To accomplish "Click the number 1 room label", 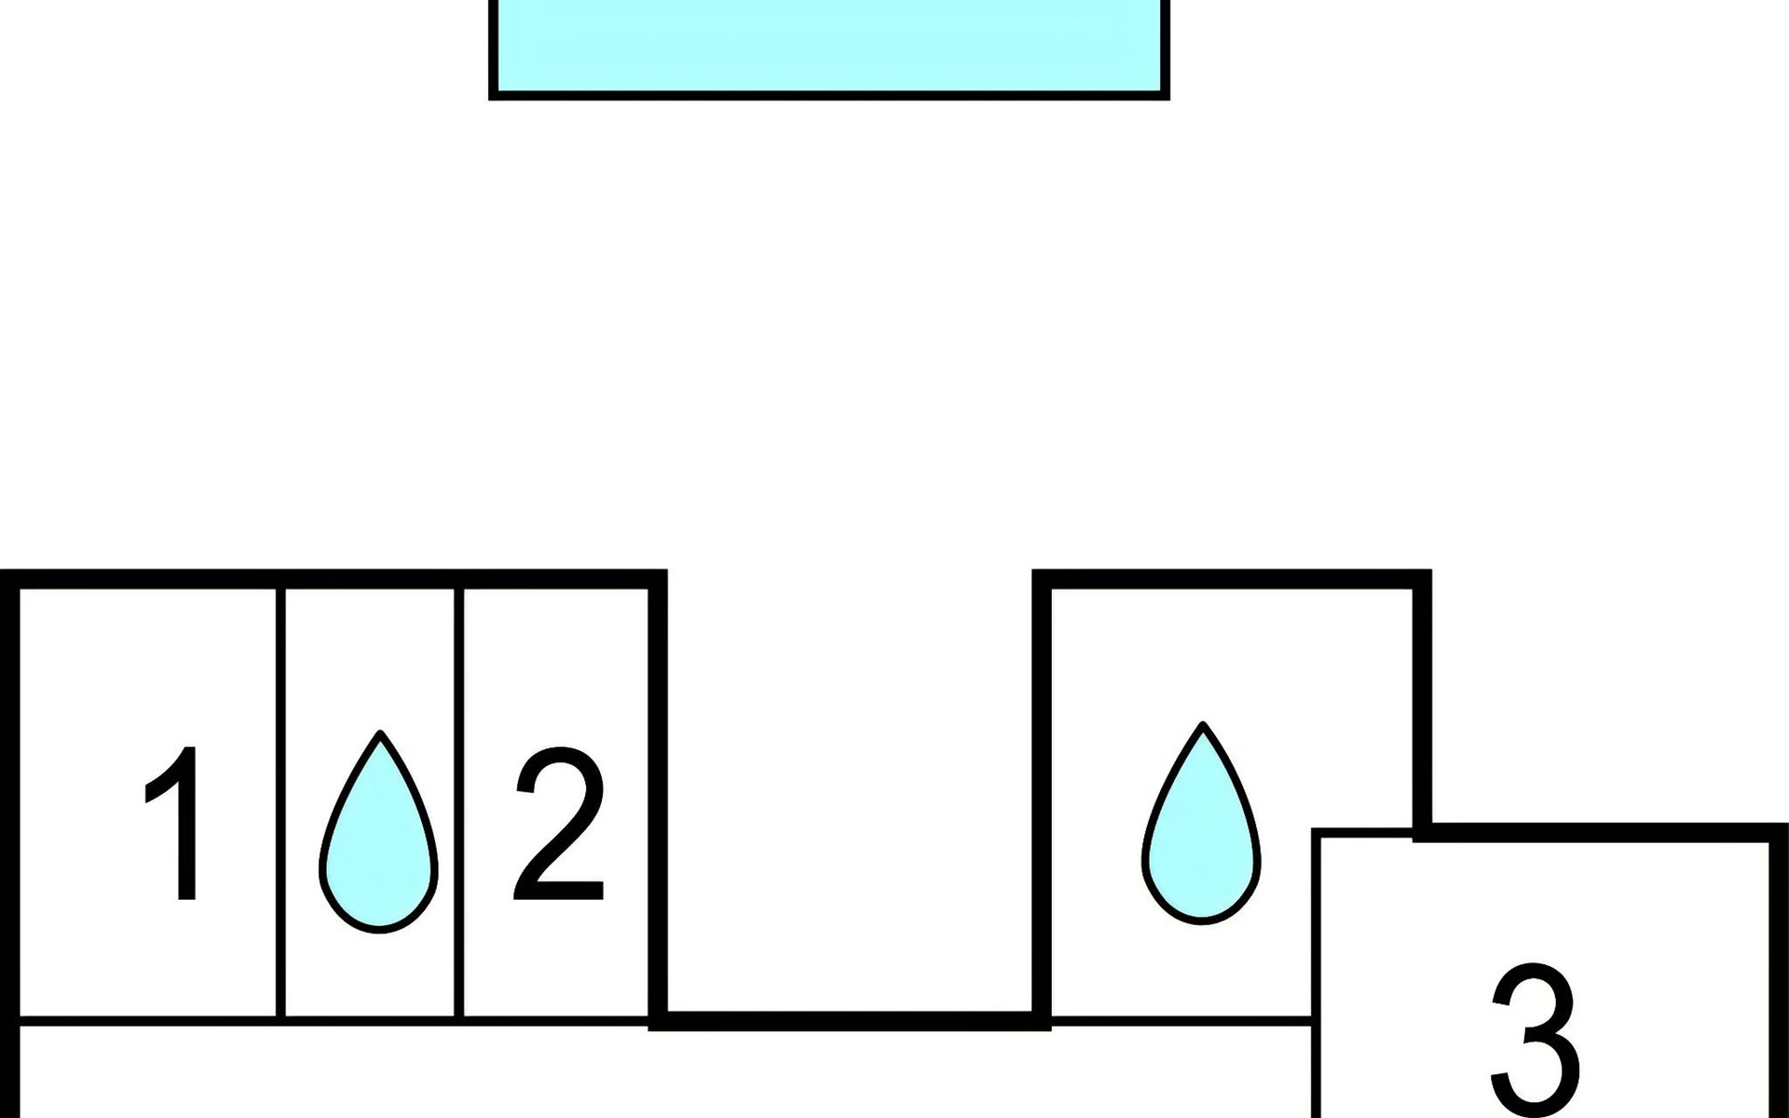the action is coord(173,824).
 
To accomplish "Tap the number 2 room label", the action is coord(558,824).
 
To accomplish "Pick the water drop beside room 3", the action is coord(1201,824).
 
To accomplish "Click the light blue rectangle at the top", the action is coord(829,47).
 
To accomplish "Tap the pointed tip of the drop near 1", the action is coord(379,732).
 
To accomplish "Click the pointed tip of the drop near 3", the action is coord(1203,723).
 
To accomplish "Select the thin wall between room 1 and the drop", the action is coord(280,803).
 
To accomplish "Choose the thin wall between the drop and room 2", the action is coord(458,803).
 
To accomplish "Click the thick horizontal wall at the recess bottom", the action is coord(850,1021).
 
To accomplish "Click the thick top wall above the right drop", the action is coord(1232,579).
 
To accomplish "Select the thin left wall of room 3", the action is coord(1315,973).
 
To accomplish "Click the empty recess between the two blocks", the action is coord(850,792).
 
